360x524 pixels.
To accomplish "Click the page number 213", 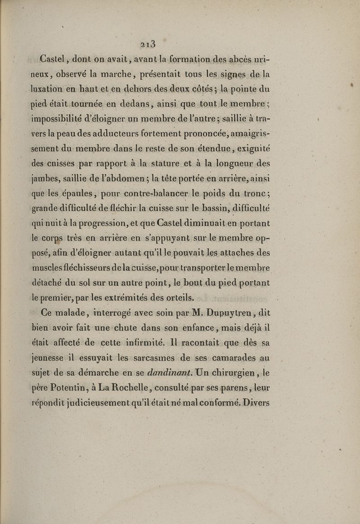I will click(147, 44).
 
